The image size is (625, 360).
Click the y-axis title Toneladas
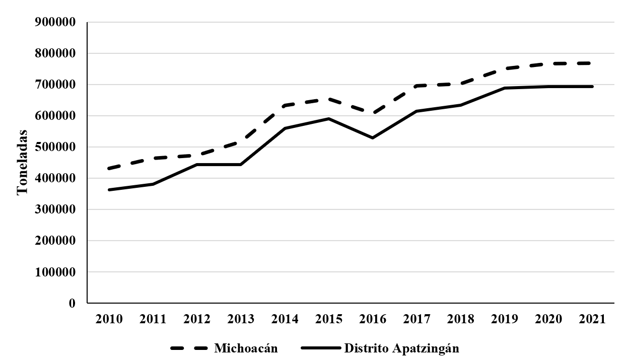[22, 163]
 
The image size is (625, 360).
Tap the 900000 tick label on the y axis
[55, 22]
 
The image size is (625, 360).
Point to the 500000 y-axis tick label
[55, 147]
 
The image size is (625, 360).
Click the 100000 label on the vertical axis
[55, 272]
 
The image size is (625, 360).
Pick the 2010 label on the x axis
[109, 319]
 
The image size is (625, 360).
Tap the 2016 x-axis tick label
[373, 319]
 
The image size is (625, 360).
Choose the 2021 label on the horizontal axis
[592, 319]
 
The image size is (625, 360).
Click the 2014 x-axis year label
[285, 319]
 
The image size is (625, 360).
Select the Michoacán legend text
[246, 348]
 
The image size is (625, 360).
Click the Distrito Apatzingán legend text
[401, 348]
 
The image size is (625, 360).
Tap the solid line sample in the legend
[321, 348]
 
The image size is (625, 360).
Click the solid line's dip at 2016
[373, 138]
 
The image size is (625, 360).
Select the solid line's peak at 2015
[329, 119]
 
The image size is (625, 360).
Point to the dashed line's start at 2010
[109, 168]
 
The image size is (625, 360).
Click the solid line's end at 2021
[592, 87]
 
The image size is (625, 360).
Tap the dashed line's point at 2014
[285, 105]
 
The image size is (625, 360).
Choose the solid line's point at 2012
[197, 165]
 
